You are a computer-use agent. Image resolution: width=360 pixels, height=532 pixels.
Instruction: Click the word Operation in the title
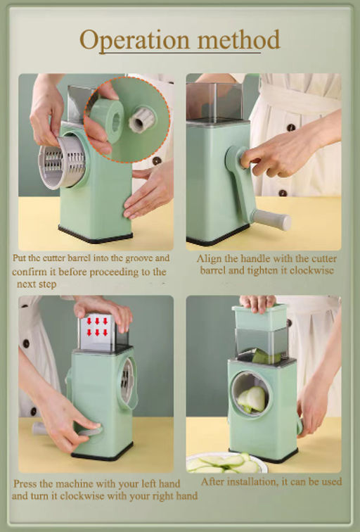pyautogui.click(x=134, y=41)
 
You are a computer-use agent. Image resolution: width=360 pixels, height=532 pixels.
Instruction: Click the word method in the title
pyautogui.click(x=238, y=39)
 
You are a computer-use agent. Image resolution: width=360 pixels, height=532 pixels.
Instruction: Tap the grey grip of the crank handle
pyautogui.click(x=273, y=220)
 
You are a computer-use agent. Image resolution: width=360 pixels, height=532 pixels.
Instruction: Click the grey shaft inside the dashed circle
pyautogui.click(x=142, y=120)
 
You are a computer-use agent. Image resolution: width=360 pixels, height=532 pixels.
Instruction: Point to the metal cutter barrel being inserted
pyautogui.click(x=62, y=163)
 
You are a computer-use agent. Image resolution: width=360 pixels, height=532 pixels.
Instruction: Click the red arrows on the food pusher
pyautogui.click(x=97, y=326)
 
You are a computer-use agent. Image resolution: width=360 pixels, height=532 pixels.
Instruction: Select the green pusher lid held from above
pyautogui.click(x=259, y=317)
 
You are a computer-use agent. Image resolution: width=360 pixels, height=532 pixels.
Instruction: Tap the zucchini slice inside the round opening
pyautogui.click(x=252, y=400)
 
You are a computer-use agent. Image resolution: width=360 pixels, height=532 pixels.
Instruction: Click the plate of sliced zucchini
pyautogui.click(x=226, y=463)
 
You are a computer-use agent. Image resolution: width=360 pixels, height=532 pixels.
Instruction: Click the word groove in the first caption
pyautogui.click(x=139, y=258)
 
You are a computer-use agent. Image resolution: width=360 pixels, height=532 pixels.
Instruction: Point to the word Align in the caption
pyautogui.click(x=209, y=259)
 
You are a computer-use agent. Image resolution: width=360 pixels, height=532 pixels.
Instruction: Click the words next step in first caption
pyautogui.click(x=37, y=284)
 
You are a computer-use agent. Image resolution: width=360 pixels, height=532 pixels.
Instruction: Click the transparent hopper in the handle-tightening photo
pyautogui.click(x=214, y=102)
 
